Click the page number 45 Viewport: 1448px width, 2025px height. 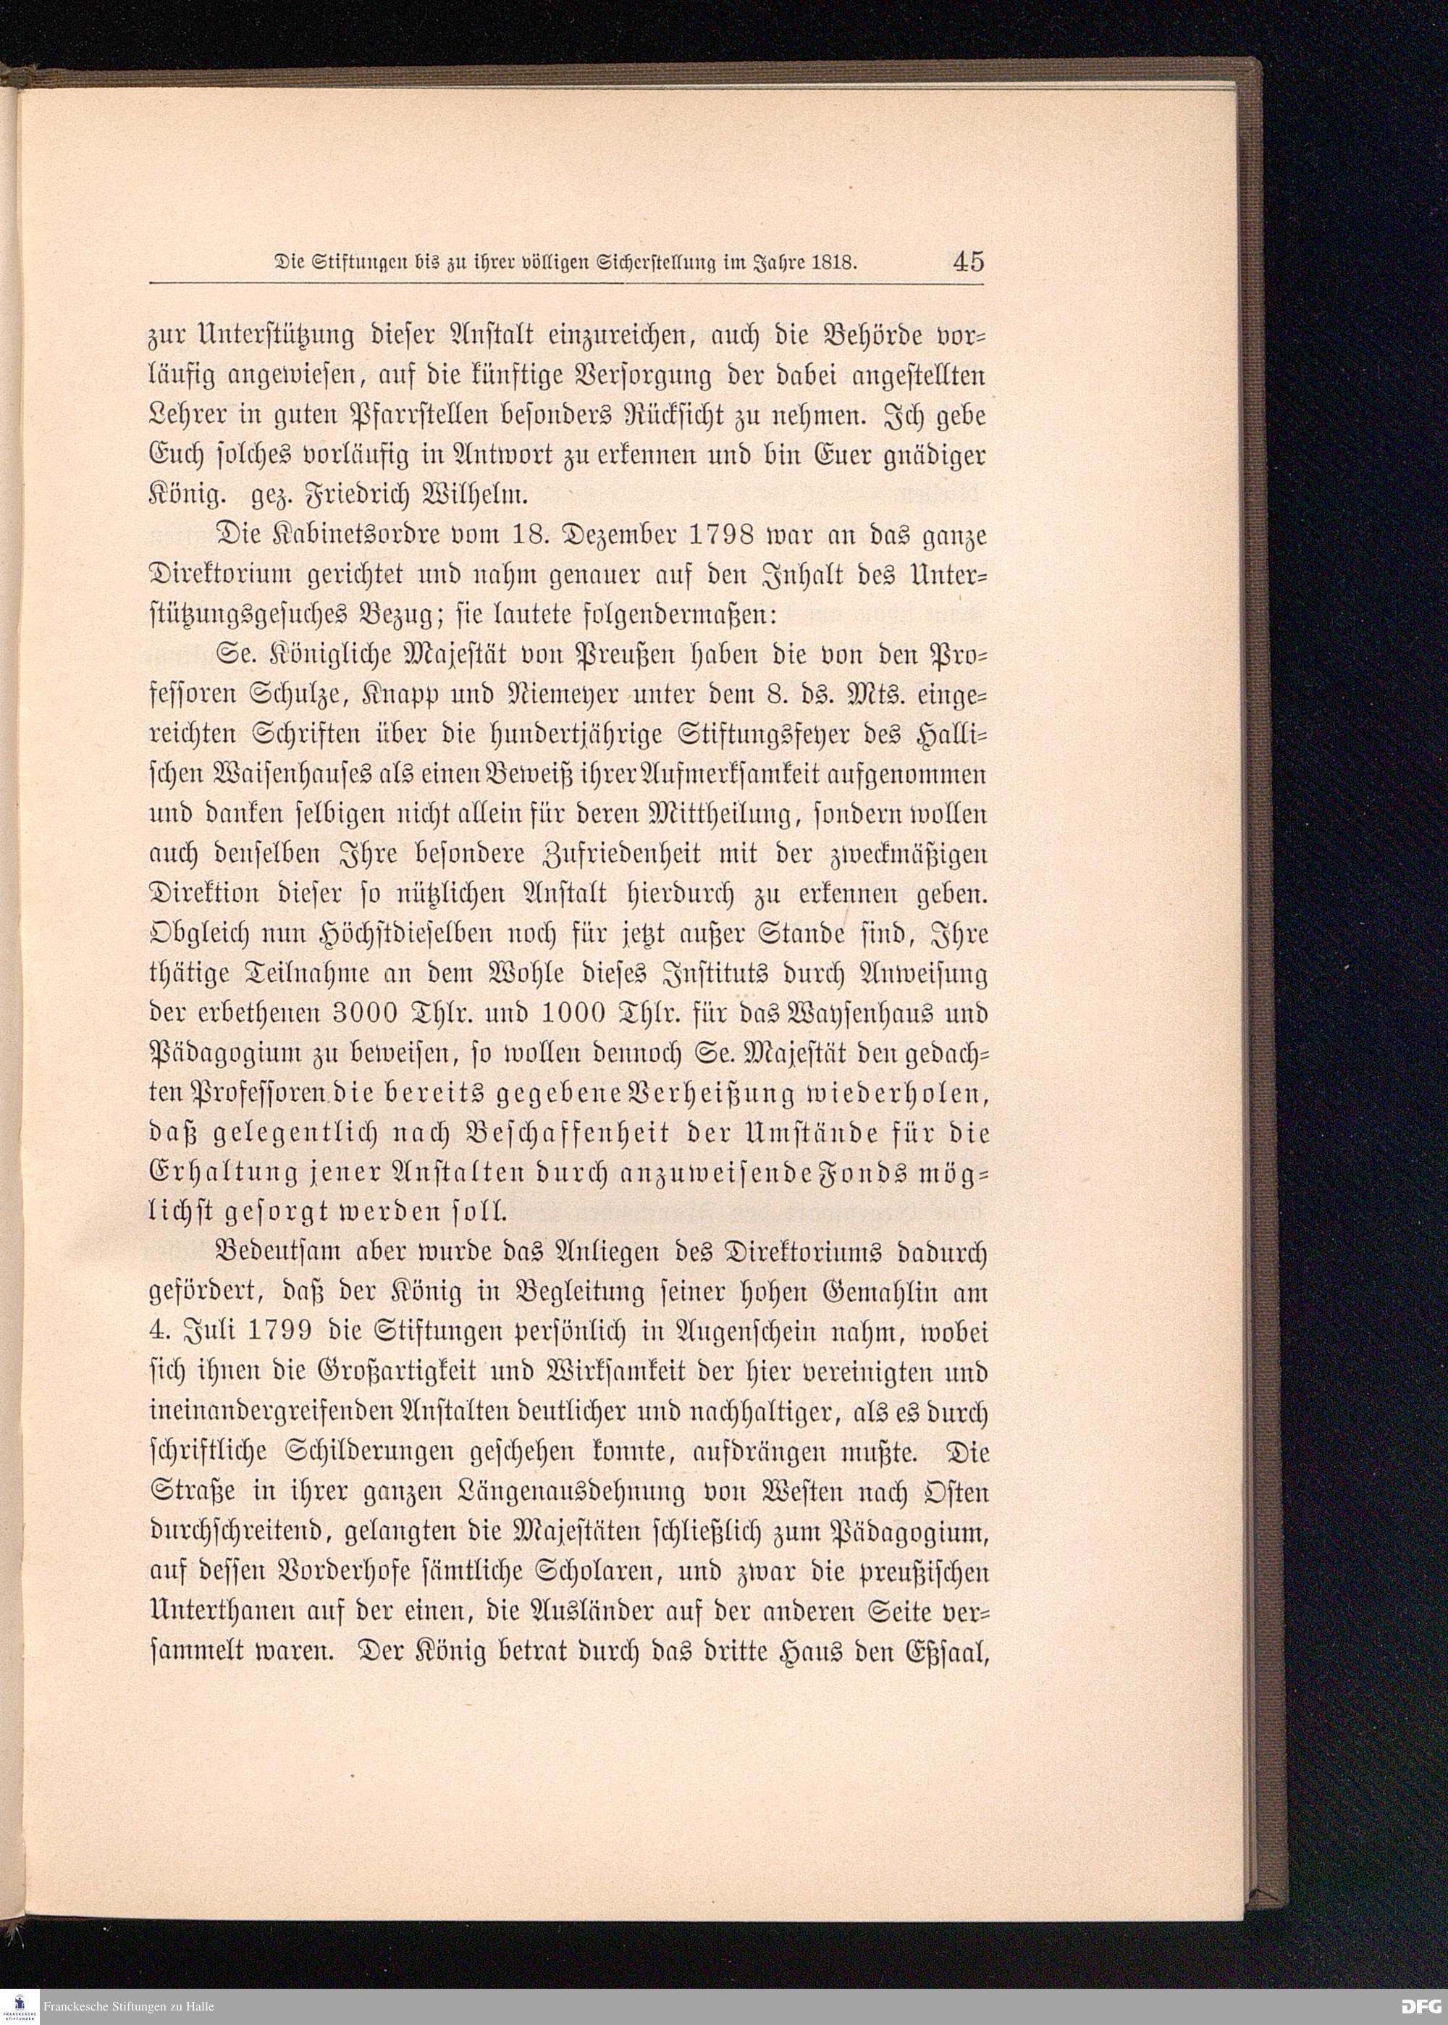click(967, 262)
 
